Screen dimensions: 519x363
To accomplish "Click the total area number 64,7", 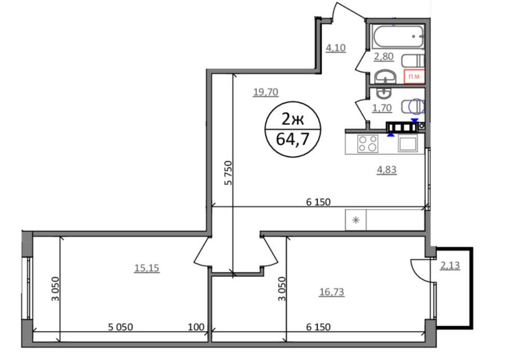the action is click(293, 139).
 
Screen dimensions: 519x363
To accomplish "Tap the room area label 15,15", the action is click(147, 267).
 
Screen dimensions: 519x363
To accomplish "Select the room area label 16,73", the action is click(331, 292).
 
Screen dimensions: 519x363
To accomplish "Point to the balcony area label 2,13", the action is click(450, 265).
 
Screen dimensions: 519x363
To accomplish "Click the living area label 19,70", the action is click(265, 92).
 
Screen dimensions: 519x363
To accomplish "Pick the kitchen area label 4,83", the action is click(387, 170).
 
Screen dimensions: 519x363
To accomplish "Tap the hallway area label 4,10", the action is click(336, 48).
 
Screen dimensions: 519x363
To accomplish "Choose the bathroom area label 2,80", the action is click(384, 57).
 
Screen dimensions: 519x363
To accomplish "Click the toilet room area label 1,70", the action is click(382, 108).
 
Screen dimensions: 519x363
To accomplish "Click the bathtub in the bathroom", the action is click(398, 36).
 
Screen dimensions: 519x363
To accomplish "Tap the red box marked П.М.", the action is click(414, 76).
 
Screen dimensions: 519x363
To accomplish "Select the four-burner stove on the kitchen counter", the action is click(368, 144).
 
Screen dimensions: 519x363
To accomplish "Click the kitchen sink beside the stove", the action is click(407, 144).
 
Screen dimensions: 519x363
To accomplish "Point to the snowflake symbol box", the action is click(356, 220).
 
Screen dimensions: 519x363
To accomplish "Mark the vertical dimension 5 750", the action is click(228, 172).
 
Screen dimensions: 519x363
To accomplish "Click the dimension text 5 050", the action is click(120, 327).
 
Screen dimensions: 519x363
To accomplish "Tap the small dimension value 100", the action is click(196, 327).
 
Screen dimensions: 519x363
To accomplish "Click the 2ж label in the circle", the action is click(293, 118).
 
